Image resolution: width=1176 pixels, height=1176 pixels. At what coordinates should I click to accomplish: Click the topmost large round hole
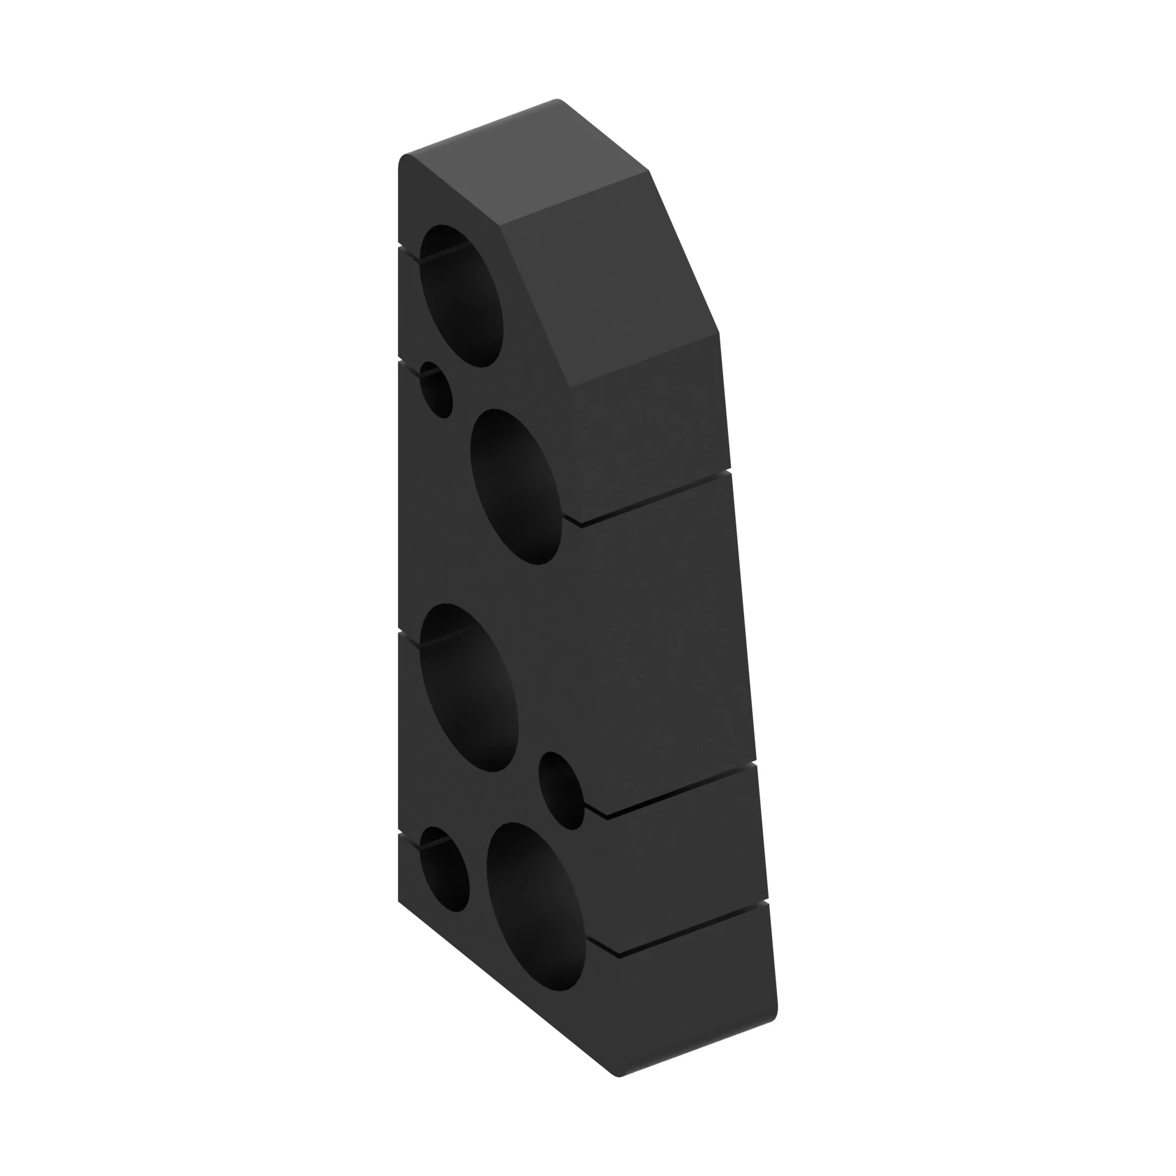[462, 296]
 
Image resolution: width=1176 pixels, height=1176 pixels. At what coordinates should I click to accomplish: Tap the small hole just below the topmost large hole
[436, 390]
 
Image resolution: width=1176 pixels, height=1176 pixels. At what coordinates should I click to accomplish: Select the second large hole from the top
[516, 486]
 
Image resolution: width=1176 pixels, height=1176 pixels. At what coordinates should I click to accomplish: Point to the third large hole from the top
[469, 688]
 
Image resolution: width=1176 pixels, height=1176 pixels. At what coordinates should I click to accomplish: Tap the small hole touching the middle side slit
[561, 790]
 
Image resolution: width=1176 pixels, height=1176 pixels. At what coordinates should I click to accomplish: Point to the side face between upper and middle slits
[663, 639]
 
